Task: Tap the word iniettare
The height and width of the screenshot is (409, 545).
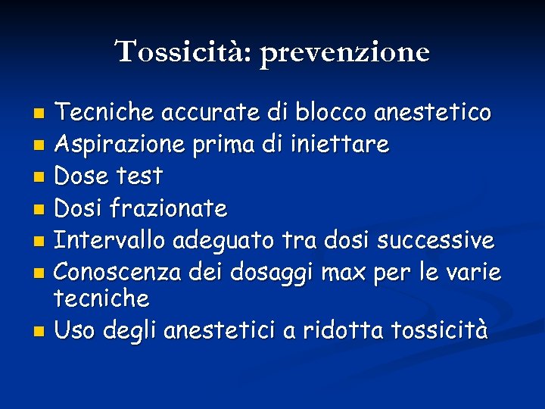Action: (x=338, y=144)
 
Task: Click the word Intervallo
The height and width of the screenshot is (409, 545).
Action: (x=111, y=240)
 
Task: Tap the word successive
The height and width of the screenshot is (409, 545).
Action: (x=435, y=240)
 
